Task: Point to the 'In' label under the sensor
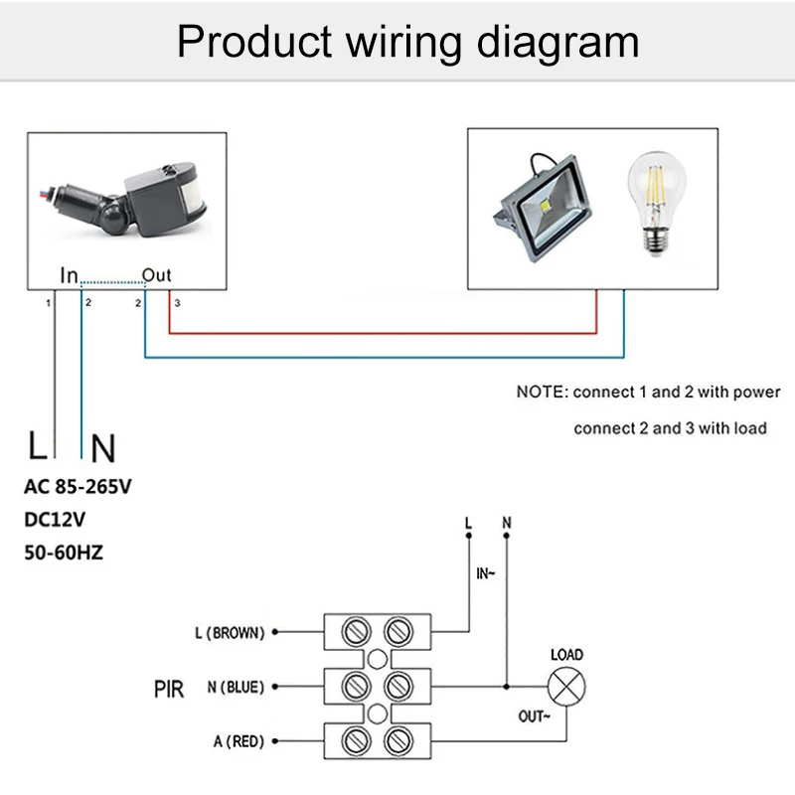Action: pos(69,275)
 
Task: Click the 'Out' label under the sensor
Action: pos(156,275)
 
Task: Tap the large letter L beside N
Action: pos(37,448)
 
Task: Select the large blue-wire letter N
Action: pos(102,450)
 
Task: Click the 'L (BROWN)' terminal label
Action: pos(230,632)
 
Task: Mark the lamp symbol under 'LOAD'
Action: pos(567,686)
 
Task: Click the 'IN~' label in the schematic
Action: pos(486,573)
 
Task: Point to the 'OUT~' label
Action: pos(535,715)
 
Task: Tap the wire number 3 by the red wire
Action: pos(177,301)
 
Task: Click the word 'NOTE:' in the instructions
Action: pos(542,392)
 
